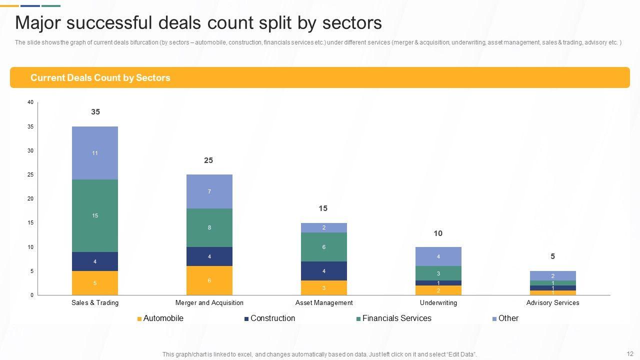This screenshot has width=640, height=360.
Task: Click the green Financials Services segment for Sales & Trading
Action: click(95, 215)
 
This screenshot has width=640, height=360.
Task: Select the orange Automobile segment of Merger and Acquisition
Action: click(209, 280)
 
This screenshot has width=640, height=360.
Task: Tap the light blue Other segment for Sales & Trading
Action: click(95, 153)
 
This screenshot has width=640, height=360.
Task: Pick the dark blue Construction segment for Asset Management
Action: click(323, 271)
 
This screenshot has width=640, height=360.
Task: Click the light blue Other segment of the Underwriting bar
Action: click(438, 256)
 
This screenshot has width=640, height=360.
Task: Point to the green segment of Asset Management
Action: click(323, 247)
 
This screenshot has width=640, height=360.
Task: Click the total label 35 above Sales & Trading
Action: click(95, 112)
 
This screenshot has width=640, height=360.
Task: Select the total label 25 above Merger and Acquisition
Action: click(208, 160)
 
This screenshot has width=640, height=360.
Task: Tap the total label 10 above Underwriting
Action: click(438, 233)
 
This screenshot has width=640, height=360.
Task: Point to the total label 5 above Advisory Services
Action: click(552, 256)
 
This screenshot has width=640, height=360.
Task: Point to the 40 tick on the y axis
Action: click(30, 102)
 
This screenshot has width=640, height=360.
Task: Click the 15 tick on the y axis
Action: click(30, 223)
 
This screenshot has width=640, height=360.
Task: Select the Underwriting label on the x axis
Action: click(438, 302)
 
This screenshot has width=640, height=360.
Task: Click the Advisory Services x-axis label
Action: click(552, 302)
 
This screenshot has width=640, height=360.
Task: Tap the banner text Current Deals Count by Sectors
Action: click(100, 78)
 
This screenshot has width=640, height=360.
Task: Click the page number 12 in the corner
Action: click(629, 353)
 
